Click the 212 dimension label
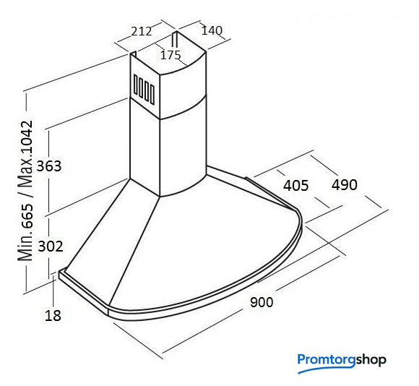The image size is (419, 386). [142, 31]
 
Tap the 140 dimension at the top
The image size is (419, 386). [212, 30]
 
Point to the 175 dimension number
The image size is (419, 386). [170, 56]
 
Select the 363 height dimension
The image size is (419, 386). [49, 166]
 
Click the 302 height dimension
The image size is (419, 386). [51, 246]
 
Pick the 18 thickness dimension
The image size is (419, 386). [53, 316]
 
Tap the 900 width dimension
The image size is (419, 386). [262, 302]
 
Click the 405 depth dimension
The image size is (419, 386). [295, 186]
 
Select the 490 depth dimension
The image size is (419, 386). [345, 185]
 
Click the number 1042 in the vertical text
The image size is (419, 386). [27, 141]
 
